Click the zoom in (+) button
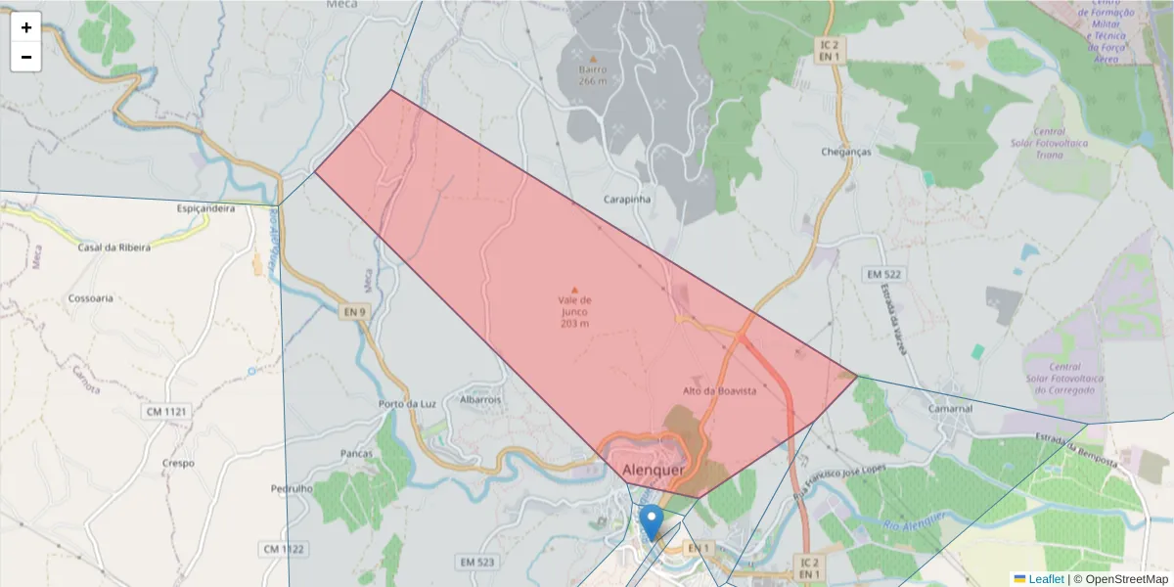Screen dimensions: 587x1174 pyautogui.click(x=26, y=27)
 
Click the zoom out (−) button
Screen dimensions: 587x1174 pyautogui.click(x=26, y=57)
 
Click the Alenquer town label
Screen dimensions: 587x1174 pyautogui.click(x=653, y=469)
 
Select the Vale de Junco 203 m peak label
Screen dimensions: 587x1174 pyautogui.click(x=574, y=311)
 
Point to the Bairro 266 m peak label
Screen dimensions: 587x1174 pyautogui.click(x=592, y=75)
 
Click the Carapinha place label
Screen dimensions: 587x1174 pyautogui.click(x=627, y=199)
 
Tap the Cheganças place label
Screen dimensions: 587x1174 pyautogui.click(x=846, y=152)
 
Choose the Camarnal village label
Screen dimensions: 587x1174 pyautogui.click(x=952, y=408)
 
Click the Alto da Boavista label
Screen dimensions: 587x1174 pyautogui.click(x=720, y=390)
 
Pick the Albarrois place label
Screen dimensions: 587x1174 pyautogui.click(x=480, y=399)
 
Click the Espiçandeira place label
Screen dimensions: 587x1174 pyautogui.click(x=205, y=208)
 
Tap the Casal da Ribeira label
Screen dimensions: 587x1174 pyautogui.click(x=114, y=248)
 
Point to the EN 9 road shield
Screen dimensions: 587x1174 pyautogui.click(x=354, y=312)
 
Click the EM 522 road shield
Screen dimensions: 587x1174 pyautogui.click(x=882, y=274)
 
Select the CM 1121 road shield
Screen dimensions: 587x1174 pyautogui.click(x=166, y=412)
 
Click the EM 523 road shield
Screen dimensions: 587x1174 pyautogui.click(x=475, y=562)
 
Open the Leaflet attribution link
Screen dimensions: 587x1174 pyautogui.click(x=1046, y=579)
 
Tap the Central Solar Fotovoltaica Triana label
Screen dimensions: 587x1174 pyautogui.click(x=1050, y=143)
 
